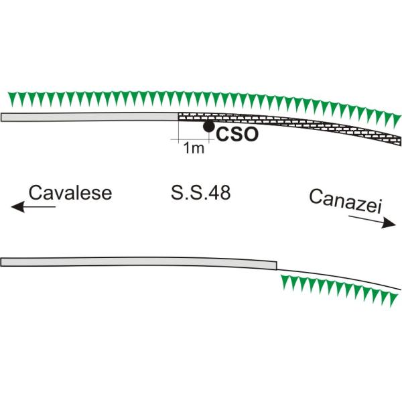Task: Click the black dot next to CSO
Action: pos(209,126)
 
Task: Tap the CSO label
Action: pos(237,134)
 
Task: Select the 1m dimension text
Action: pos(194,149)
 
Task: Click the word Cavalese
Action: pos(70,193)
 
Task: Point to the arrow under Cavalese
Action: pos(33,208)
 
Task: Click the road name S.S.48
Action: pos(201,194)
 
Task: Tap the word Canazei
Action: pos(346,202)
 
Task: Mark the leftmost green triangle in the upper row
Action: pos(10,99)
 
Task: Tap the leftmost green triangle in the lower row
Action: pos(285,284)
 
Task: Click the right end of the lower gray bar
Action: pos(275,265)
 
